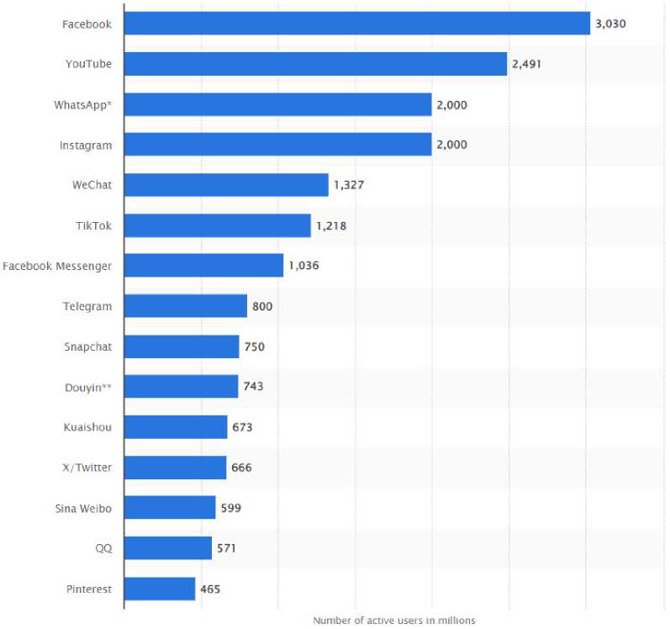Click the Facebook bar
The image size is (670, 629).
[357, 24]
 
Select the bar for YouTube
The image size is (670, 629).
[315, 64]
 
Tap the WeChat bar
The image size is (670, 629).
[226, 185]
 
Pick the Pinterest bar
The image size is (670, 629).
[160, 589]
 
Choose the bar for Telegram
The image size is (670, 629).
[186, 306]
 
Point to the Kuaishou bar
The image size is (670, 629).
[176, 427]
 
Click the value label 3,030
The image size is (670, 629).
[610, 24]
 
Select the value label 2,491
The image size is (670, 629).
[527, 64]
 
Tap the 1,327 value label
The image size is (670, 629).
[348, 185]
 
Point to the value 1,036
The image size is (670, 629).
[303, 266]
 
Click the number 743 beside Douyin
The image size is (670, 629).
[253, 387]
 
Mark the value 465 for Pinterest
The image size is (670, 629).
[210, 589]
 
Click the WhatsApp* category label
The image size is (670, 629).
[82, 104]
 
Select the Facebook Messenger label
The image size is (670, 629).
[57, 266]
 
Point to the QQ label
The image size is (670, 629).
[103, 548]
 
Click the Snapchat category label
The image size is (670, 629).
[87, 346]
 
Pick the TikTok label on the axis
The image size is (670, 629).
[93, 225]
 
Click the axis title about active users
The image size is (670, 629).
[394, 621]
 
